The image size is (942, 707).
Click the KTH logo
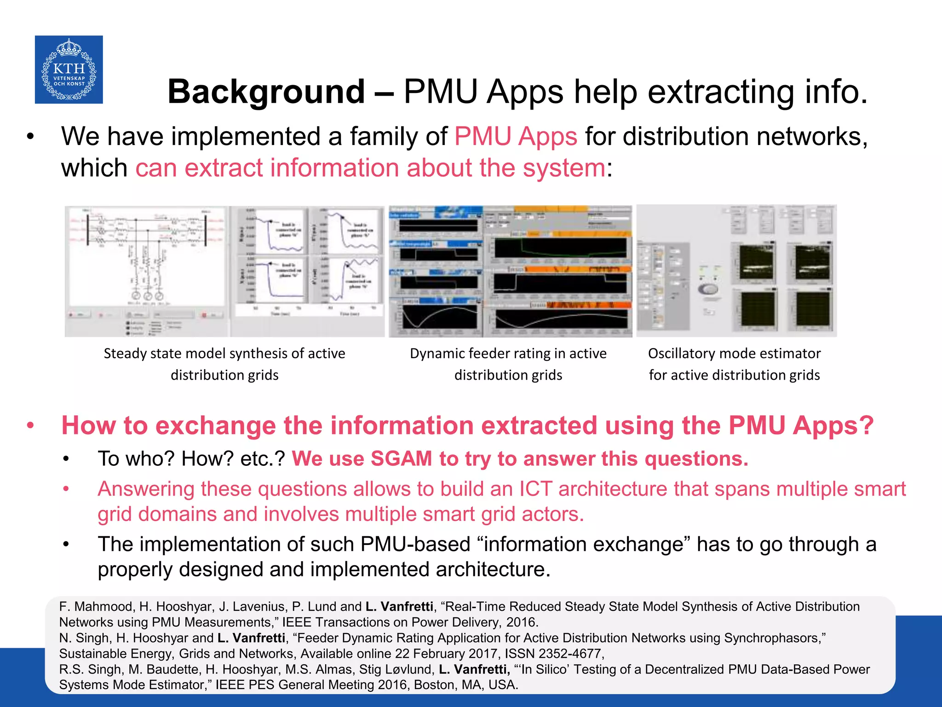(x=69, y=70)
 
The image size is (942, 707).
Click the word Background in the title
(x=266, y=92)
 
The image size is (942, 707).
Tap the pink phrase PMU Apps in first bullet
(x=516, y=137)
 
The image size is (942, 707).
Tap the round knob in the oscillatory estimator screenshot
(x=709, y=289)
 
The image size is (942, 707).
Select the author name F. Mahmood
(x=96, y=607)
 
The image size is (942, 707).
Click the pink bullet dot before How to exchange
(x=30, y=425)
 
